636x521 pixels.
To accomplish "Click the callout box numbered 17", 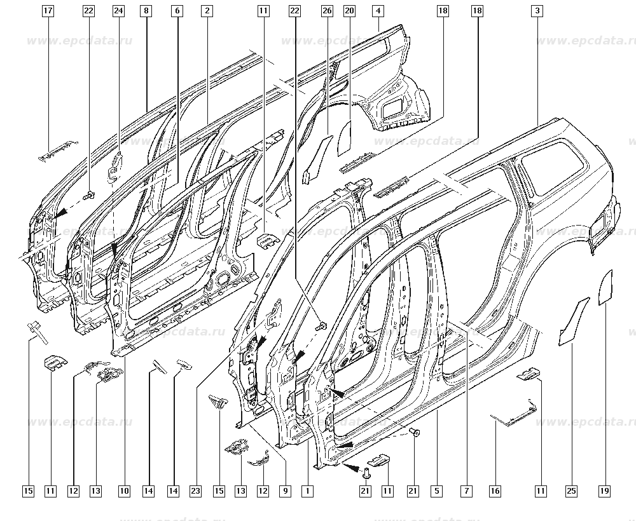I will tap(49, 11).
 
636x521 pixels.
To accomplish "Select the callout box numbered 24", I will tap(118, 11).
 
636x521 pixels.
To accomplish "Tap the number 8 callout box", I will tap(147, 11).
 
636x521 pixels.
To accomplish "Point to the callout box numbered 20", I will tap(349, 11).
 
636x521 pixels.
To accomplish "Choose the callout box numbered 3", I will tap(538, 11).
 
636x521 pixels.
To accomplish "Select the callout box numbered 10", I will tap(124, 491).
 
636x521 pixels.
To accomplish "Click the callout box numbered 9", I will tap(284, 491).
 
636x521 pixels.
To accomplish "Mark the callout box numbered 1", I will tap(308, 491).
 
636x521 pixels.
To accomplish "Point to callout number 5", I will tap(436, 491).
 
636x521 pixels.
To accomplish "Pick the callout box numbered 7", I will tap(467, 491).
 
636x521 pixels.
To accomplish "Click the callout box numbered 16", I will tap(495, 491).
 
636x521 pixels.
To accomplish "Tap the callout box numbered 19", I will tap(604, 491).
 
